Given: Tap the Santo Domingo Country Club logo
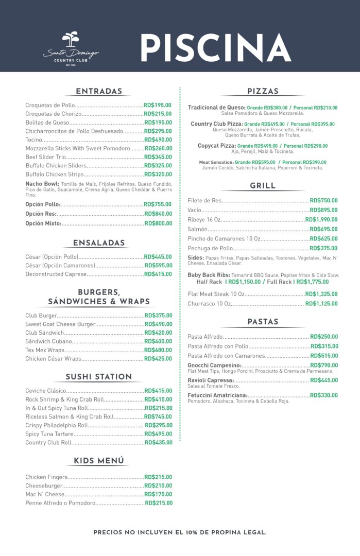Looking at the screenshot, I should [x=71, y=49].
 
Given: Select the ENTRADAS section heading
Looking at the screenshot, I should [x=99, y=92].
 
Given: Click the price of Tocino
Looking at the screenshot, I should [x=158, y=140].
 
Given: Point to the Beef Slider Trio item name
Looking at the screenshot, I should [x=46, y=157].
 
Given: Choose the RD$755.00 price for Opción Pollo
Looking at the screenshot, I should [x=158, y=204].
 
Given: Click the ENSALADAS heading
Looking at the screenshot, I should [x=99, y=243].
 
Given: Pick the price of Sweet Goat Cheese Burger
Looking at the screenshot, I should [x=158, y=324].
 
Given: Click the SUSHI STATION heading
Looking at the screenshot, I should [x=99, y=377].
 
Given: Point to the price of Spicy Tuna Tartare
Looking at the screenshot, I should [x=158, y=434].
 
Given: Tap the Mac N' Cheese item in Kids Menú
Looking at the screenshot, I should [x=45, y=494].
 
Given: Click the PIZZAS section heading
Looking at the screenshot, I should [x=263, y=92].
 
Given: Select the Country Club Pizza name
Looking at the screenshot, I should [x=216, y=124].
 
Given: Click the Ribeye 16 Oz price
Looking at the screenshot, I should [x=321, y=220].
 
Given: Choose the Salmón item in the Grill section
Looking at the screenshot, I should [x=198, y=229].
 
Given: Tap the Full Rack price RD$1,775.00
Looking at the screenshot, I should [x=312, y=282].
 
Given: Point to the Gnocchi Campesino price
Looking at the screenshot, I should [x=324, y=366].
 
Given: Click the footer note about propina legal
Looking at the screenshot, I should [x=180, y=532].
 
